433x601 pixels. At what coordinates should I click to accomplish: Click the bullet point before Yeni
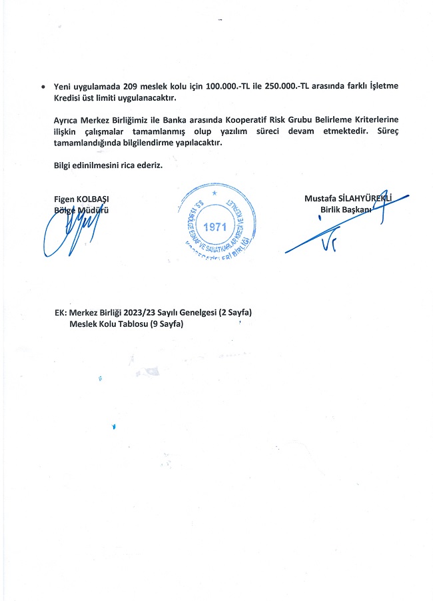43,87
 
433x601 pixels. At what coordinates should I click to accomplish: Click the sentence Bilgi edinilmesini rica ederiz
108,165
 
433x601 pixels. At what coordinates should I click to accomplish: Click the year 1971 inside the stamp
215,226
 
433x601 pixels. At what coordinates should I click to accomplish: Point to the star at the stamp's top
215,193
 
